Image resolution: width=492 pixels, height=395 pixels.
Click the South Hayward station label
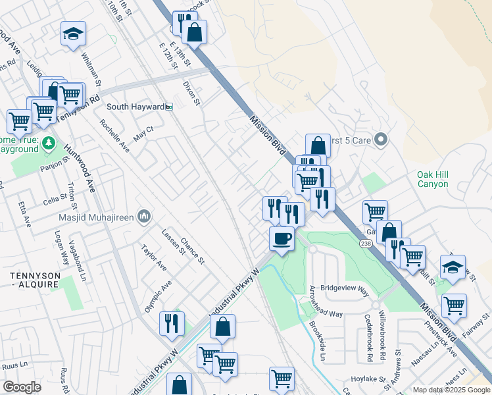tap(135, 107)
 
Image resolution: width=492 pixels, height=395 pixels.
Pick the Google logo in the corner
tap(22, 387)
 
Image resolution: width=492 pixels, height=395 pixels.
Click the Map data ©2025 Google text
tap(451, 390)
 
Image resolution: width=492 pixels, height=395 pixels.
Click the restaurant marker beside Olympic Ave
tap(170, 323)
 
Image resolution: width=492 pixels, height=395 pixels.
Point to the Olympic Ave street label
tap(159, 296)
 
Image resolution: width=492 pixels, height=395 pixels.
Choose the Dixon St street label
tap(191, 93)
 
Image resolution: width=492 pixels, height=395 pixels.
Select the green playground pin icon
tap(48, 143)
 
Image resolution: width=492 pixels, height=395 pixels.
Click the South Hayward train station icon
tap(169, 107)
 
